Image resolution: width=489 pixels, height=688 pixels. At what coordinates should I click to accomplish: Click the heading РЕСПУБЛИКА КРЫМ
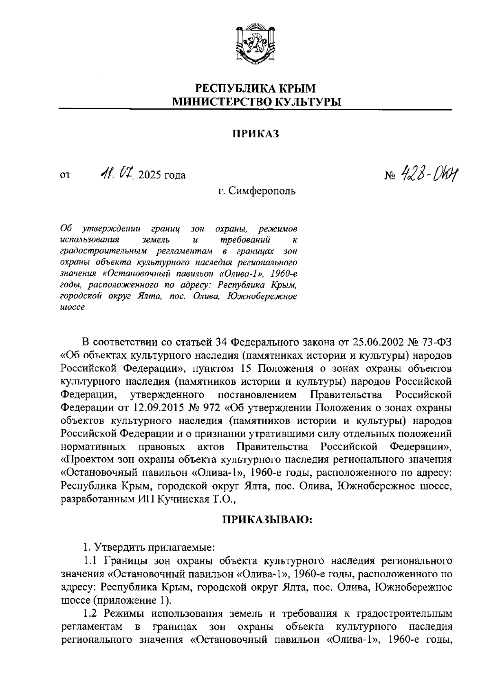point(256,88)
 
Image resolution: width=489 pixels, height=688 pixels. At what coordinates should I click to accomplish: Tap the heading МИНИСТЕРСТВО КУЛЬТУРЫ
point(256,102)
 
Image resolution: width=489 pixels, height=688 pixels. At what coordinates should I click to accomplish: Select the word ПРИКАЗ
point(256,134)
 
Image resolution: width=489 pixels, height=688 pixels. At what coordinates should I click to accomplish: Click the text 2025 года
point(162,176)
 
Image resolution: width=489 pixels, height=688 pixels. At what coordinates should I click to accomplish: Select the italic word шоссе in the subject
point(72,308)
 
